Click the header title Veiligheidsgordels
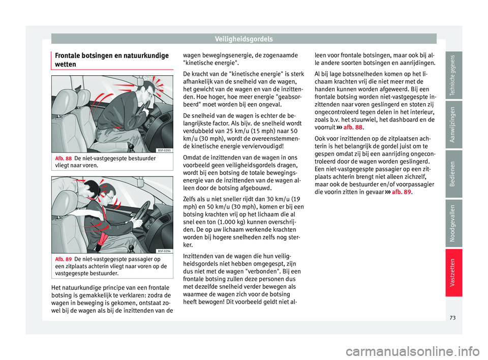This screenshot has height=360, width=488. (243, 38)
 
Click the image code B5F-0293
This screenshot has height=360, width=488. (164, 150)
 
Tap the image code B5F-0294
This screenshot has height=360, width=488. (164, 251)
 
